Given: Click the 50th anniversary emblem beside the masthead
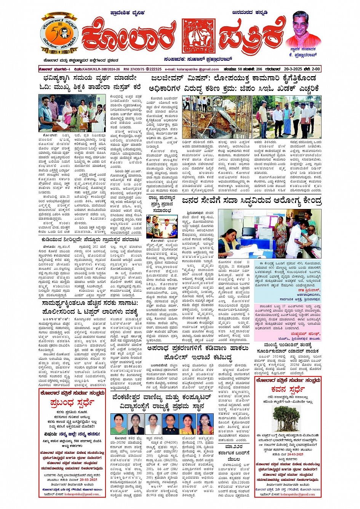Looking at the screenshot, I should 59,35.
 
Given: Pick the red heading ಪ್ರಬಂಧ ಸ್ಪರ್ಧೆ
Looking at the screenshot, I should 72,402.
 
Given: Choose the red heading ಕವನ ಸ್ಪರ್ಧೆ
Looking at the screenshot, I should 288,389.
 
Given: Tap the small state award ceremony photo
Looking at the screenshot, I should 162,227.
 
